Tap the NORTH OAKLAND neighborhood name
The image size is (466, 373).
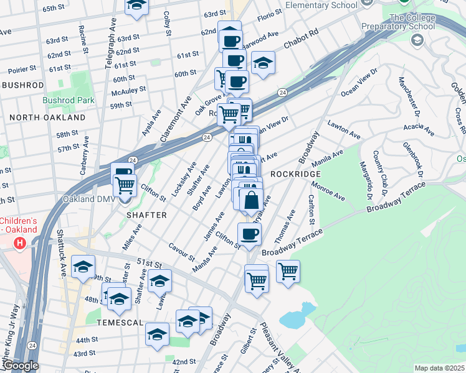(47, 117)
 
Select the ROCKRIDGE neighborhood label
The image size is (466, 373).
(295, 175)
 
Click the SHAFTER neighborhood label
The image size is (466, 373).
(147, 214)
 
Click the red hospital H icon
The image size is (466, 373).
(20, 242)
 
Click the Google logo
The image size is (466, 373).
(20, 366)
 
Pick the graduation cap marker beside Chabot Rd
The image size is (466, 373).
(264, 63)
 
